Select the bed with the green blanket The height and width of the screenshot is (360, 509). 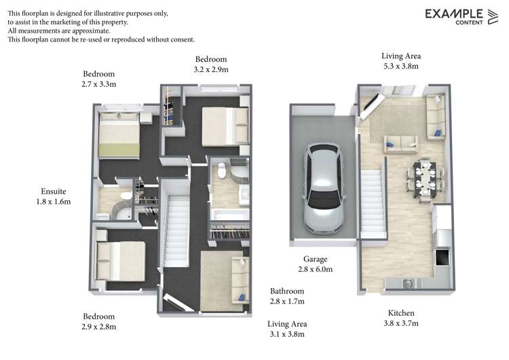pos(119,136)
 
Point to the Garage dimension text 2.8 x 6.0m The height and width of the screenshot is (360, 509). pos(316,269)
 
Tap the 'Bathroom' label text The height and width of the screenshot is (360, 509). pos(286,291)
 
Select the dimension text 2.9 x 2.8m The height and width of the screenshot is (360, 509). pos(99,327)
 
